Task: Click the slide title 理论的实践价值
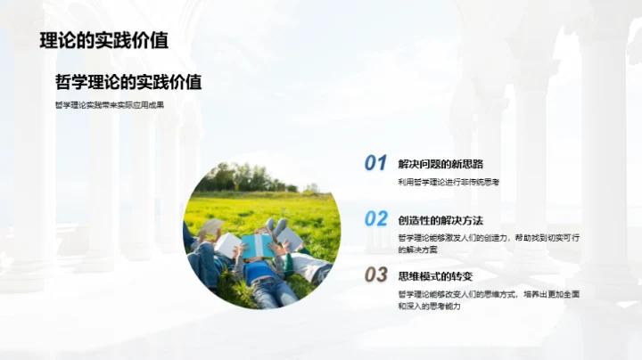coord(104,40)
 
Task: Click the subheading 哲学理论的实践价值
coord(128,82)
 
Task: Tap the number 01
coord(375,163)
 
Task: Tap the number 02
coord(375,219)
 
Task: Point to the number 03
coord(375,274)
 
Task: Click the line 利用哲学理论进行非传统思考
coord(449,182)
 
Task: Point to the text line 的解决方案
coord(417,250)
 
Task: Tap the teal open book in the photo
coord(257,244)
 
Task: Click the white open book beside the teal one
coord(227,243)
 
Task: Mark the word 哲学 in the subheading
coord(68,82)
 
